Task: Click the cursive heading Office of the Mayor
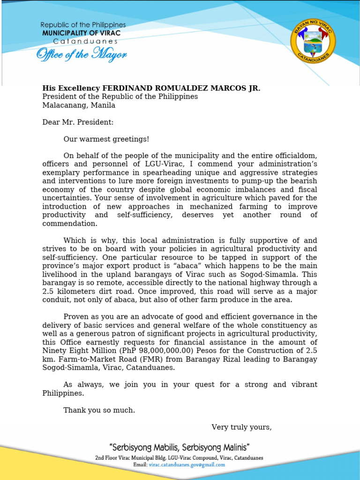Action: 82,55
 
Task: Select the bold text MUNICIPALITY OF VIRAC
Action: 81,33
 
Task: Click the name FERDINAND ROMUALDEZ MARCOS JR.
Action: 181,88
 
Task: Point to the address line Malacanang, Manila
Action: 79,105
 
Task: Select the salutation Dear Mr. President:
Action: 78,122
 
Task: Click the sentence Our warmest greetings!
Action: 106,139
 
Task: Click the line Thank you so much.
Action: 99,410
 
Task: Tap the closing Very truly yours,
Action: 241,427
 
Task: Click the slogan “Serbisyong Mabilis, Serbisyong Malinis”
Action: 179,447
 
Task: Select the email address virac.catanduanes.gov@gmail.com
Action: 187,465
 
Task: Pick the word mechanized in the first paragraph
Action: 212,206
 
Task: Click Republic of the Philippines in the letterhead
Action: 83,25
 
